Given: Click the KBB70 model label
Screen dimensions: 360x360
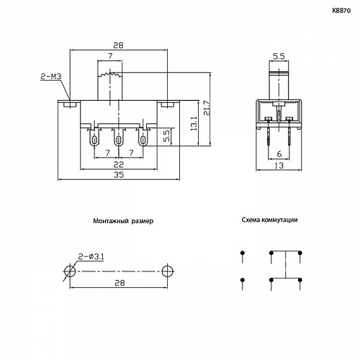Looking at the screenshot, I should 341,12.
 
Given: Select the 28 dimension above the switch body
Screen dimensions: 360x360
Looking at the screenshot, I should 119,45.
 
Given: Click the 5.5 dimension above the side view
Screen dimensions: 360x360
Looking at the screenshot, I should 276,55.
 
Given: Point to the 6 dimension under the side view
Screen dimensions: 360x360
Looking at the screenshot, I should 277,153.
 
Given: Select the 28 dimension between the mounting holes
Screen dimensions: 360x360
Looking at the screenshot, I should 119,284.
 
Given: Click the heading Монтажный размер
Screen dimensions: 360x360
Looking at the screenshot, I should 123,222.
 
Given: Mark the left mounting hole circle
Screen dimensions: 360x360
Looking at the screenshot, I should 69,271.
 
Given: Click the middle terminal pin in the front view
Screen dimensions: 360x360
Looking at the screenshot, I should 118,139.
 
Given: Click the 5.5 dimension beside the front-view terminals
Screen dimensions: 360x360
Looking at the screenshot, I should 166,134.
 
